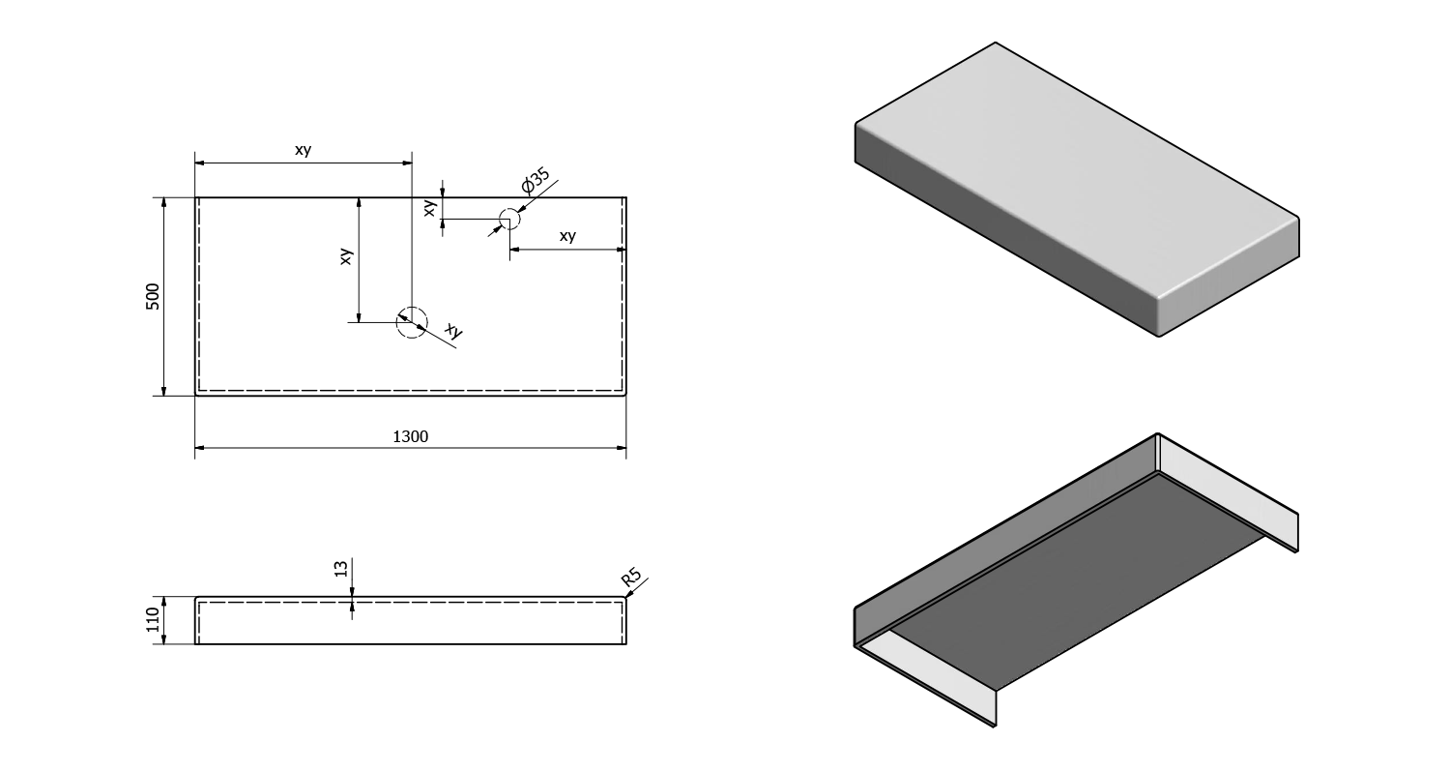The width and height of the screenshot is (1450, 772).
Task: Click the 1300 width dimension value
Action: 410,436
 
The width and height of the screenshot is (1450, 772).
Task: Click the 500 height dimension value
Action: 153,296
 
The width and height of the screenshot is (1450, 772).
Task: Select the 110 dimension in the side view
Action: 153,619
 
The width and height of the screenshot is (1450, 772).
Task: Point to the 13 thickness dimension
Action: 340,569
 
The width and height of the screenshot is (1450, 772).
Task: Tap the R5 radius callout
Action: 632,579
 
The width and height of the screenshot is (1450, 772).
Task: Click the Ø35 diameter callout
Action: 535,181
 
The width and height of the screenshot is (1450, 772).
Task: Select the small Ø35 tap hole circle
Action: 509,219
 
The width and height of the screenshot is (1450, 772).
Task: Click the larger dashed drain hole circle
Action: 411,321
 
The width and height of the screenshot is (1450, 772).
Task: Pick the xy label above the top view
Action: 303,150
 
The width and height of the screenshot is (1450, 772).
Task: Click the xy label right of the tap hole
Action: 567,236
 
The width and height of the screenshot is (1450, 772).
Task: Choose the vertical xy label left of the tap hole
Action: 430,206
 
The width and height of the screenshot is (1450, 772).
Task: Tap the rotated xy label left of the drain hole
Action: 346,255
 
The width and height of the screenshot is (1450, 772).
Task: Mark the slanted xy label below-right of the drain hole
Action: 453,332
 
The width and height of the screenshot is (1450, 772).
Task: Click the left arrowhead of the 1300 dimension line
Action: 200,448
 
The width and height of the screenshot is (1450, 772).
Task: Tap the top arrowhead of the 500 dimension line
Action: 164,202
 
